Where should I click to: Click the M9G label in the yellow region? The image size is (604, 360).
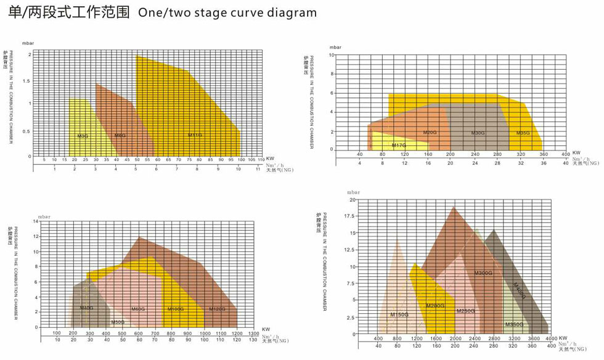pyautogui.click(x=82, y=136)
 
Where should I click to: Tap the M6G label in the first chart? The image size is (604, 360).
pyautogui.click(x=120, y=135)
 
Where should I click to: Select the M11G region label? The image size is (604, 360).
pyautogui.click(x=195, y=135)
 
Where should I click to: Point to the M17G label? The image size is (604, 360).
pyautogui.click(x=399, y=145)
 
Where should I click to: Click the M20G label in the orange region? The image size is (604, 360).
pyautogui.click(x=430, y=133)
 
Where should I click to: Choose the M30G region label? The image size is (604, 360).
pyautogui.click(x=478, y=133)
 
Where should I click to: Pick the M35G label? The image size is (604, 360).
pyautogui.click(x=523, y=133)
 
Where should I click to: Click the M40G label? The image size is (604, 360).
pyautogui.click(x=86, y=308)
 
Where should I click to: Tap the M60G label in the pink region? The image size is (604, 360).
pyautogui.click(x=138, y=309)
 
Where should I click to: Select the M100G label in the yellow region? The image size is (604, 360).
pyautogui.click(x=176, y=309)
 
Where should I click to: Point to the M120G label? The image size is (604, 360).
pyautogui.click(x=217, y=309)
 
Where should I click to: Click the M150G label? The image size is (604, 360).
pyautogui.click(x=399, y=315)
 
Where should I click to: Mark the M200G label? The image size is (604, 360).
pyautogui.click(x=435, y=306)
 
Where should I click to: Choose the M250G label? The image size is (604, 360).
pyautogui.click(x=466, y=311)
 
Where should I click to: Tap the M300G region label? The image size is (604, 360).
pyautogui.click(x=483, y=273)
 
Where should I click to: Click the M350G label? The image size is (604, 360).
pyautogui.click(x=514, y=324)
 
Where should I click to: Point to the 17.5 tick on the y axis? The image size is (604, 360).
pyautogui.click(x=349, y=216)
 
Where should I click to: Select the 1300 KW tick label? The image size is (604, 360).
pyautogui.click(x=253, y=333)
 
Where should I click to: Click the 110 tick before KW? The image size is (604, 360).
pyautogui.click(x=261, y=160)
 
